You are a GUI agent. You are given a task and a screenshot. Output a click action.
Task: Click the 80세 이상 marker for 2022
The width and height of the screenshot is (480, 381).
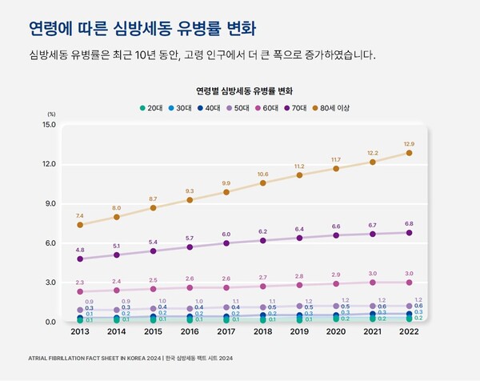pos(410,153)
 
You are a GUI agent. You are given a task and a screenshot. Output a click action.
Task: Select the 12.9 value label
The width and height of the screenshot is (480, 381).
pos(410,142)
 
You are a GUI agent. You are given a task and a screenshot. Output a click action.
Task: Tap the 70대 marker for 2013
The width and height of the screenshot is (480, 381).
pos(80,259)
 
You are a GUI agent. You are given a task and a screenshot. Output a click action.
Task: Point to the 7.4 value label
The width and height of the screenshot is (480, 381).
pos(80,216)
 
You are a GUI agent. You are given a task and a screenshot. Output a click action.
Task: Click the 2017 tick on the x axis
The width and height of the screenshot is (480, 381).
pos(226,332)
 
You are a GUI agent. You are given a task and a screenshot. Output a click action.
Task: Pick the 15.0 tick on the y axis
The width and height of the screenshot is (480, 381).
pos(48,125)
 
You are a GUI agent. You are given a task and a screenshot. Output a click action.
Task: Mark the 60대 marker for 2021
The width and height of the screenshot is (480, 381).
pos(373,283)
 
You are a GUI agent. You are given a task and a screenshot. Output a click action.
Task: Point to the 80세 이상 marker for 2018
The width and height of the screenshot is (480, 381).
pos(263,183)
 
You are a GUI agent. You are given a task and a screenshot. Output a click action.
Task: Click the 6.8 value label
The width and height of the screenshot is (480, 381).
pos(410,223)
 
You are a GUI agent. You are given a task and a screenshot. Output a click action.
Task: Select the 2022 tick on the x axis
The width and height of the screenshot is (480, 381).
pos(410,332)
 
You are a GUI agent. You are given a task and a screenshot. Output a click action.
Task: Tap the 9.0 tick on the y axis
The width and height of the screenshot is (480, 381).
pos(48,203)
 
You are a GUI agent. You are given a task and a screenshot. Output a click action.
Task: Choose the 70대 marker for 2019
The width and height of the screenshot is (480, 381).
pos(300,238)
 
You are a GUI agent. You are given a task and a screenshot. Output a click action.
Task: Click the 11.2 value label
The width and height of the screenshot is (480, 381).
pos(300,166)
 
